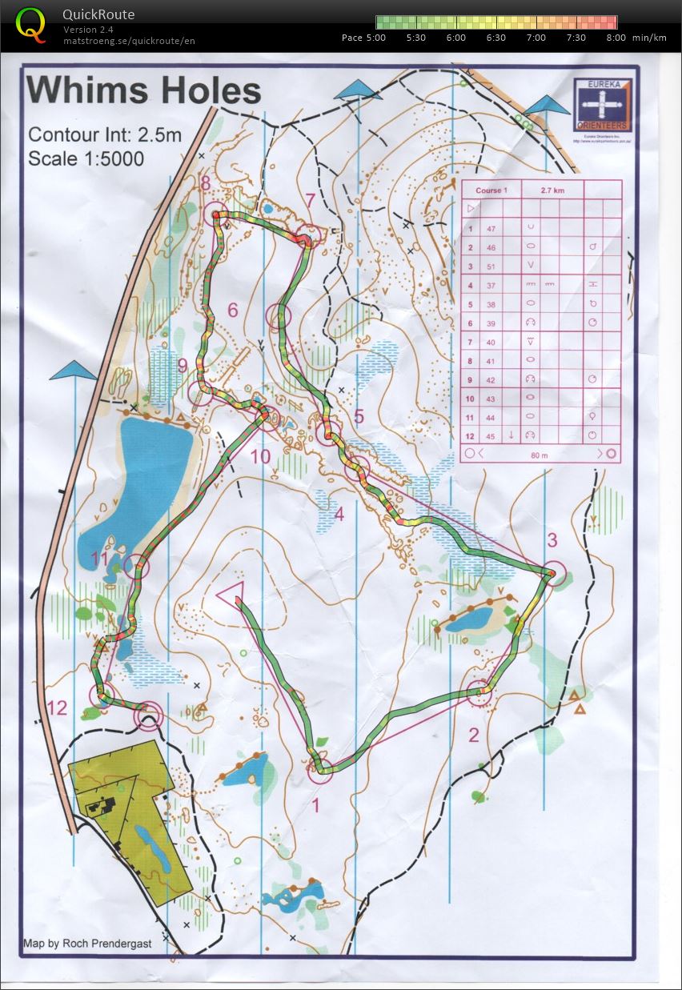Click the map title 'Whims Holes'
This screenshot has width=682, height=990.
144,90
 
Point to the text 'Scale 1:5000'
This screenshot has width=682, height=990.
86,158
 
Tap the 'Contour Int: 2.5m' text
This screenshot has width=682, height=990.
105,134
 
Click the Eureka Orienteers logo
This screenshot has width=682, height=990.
603,105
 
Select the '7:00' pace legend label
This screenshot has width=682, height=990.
536,38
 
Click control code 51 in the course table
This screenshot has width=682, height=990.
491,266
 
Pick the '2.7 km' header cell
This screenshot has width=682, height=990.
552,190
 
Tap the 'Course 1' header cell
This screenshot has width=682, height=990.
491,190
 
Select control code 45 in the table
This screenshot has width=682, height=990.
491,435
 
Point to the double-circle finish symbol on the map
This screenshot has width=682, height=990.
148,715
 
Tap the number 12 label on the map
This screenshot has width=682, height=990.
58,707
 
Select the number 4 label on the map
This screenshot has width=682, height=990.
339,514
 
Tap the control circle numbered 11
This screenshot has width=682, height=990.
137,566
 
